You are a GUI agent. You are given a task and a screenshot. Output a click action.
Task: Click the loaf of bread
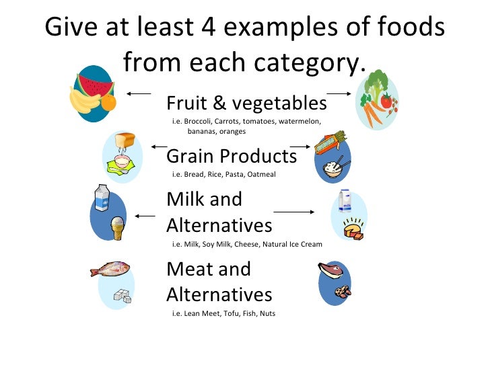[125, 140]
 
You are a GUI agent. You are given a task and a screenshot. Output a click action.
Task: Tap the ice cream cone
[118, 227]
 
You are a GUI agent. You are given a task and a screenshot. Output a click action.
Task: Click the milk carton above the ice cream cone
[102, 197]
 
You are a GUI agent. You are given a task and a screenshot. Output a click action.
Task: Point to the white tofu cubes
[123, 294]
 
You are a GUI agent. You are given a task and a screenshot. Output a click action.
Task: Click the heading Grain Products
[231, 157]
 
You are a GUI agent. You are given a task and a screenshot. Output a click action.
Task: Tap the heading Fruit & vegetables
[246, 104]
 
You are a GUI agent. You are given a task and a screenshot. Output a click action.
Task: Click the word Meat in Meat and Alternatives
[190, 269]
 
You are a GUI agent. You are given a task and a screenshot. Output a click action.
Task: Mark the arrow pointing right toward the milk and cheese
[294, 212]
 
